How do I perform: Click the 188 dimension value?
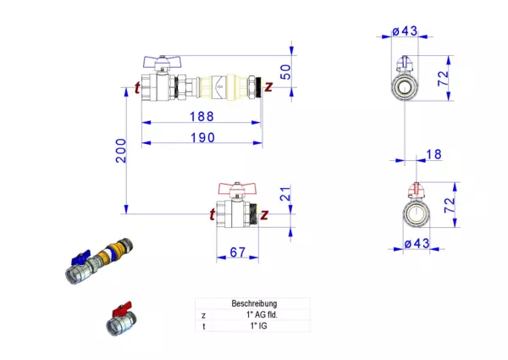pos(202,117)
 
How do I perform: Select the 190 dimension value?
pos(202,138)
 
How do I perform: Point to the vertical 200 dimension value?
pos(121,151)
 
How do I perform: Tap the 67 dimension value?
pos(237,252)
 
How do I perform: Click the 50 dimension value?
pos(285,72)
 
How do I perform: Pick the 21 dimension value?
pos(285,194)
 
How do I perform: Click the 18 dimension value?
pos(433,154)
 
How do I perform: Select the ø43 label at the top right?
pos(405,31)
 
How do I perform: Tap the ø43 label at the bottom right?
pos(417,243)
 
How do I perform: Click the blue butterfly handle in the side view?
pos(162,61)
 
